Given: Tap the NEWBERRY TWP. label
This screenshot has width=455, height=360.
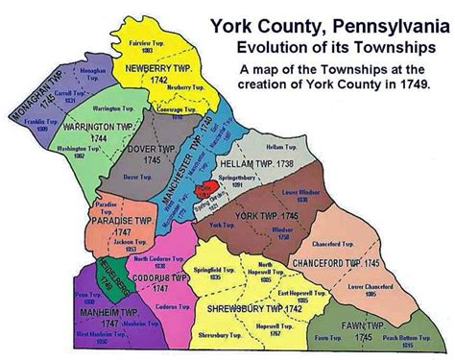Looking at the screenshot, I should (x=145, y=72).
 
